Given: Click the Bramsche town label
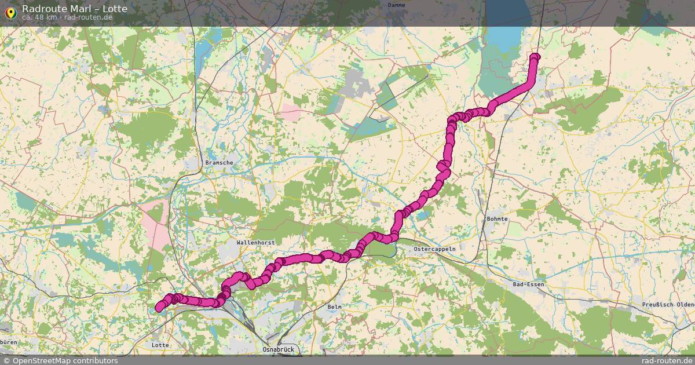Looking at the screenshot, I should coord(219,163).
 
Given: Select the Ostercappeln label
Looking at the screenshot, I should coord(434,249).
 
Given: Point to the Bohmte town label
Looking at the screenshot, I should coord(497,219).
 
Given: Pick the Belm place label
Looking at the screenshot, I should coord(334,306).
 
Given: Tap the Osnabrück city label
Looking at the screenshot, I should coord(279,349).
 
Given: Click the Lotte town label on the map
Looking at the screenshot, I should coord(160,345).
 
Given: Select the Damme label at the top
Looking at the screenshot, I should coord(396,5).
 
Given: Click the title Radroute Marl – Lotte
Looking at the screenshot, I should coord(75,9).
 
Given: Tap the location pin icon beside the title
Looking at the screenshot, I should coord(10,12).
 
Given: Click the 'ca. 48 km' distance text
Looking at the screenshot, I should coord(39,17).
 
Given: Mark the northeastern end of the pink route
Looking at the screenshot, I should coord(535,57).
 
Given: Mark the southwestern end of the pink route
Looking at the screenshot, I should coord(158,309).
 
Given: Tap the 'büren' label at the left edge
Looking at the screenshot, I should coord(9,342).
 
